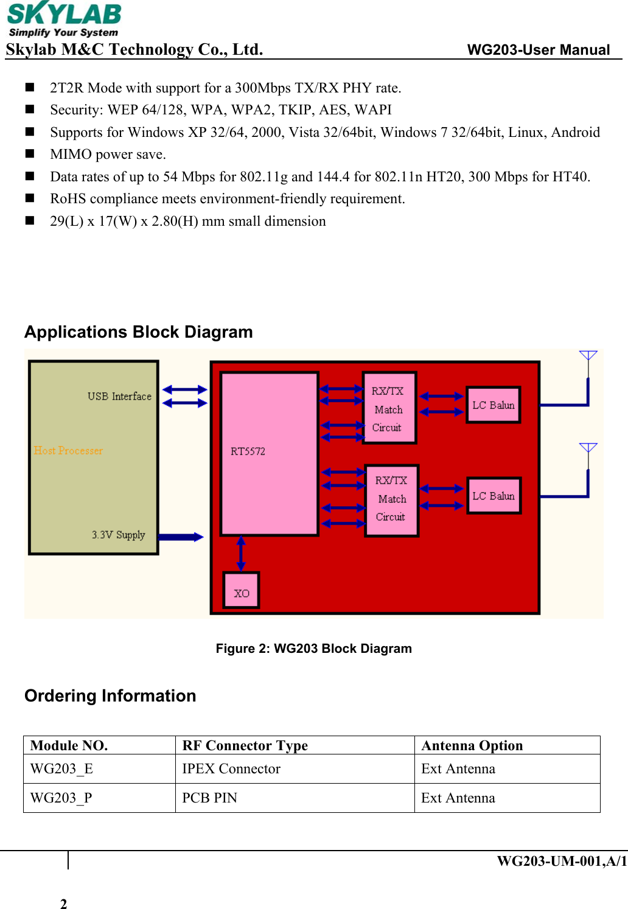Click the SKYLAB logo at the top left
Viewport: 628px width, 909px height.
tap(64, 20)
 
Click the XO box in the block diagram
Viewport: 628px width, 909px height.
tap(242, 591)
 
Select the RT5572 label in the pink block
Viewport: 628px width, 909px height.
tap(248, 451)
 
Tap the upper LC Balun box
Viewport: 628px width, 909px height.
tap(494, 405)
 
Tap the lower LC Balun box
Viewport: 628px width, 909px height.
tap(494, 496)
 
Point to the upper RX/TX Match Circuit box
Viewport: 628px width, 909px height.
tap(389, 408)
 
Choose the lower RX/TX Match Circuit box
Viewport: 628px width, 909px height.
tap(392, 500)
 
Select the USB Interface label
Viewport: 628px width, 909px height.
tap(119, 397)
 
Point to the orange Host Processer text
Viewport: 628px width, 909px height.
tap(68, 451)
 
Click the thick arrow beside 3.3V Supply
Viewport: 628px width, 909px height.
tap(181, 537)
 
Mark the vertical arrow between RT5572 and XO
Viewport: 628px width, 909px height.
tap(241, 554)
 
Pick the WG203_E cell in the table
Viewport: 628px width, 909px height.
tap(62, 769)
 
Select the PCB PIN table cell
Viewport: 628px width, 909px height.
tap(210, 798)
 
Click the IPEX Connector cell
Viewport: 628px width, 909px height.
tap(231, 769)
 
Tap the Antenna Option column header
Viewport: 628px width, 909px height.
tap(472, 746)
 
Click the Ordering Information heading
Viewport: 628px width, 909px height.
tap(110, 696)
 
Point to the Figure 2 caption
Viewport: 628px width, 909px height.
tap(313, 649)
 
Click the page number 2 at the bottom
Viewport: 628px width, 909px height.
tap(63, 904)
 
